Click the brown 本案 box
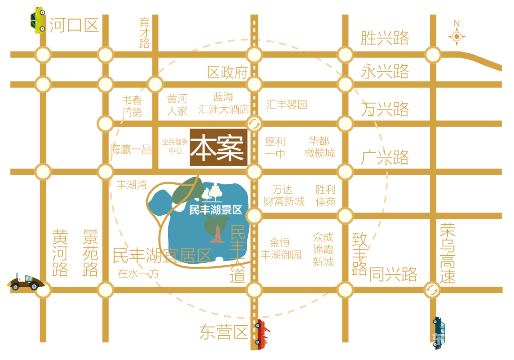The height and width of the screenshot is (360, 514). point(217,148)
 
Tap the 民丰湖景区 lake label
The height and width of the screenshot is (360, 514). point(216,210)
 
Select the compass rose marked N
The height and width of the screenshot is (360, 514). point(456,36)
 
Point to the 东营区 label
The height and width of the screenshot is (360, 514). point(224,333)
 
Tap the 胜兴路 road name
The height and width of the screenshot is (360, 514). point(384,38)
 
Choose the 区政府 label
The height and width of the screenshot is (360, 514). point(228,73)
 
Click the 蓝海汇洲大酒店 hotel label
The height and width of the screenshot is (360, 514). point(224,104)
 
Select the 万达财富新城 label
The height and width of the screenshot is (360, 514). point(284,196)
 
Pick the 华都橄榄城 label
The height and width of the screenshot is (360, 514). point(320,147)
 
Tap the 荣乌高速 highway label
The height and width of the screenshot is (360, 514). point(447,253)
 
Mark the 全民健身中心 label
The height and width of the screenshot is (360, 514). point(175,146)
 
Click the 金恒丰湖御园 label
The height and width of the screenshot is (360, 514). point(281,249)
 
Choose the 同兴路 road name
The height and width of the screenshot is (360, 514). point(393,274)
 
